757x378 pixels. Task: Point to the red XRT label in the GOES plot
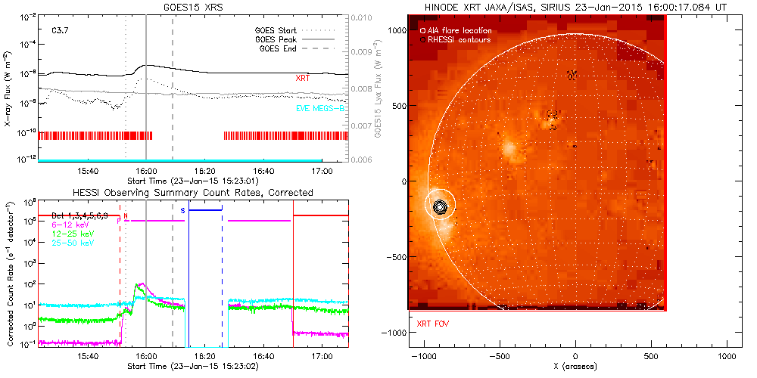click(303, 78)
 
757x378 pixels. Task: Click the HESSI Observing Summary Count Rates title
click(192, 193)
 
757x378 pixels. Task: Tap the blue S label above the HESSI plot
click(182, 209)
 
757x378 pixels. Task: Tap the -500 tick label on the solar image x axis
click(498, 356)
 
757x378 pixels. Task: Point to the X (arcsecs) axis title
click(576, 366)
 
